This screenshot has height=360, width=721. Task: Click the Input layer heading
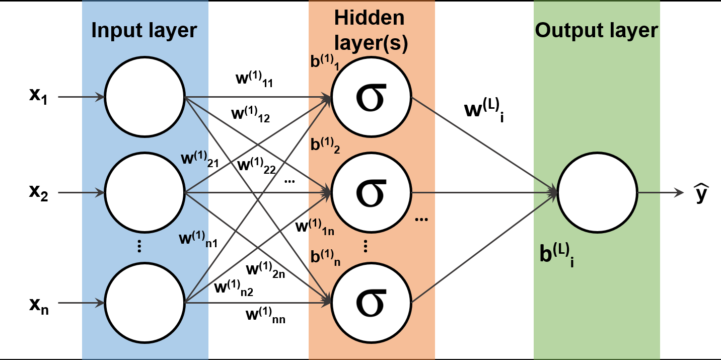[x=143, y=31]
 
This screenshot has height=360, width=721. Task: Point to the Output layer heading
[x=596, y=31]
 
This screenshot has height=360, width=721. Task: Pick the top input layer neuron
[x=145, y=96]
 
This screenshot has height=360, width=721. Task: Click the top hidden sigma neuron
[x=371, y=96]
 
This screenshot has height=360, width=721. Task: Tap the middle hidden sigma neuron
[x=371, y=192]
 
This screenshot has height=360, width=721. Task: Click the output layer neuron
[x=598, y=192]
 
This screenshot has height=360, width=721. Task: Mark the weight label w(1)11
[x=254, y=81]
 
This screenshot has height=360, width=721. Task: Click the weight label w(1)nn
[x=265, y=316]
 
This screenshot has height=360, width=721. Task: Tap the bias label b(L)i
[x=556, y=255]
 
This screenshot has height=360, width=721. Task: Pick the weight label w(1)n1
[x=198, y=238]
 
